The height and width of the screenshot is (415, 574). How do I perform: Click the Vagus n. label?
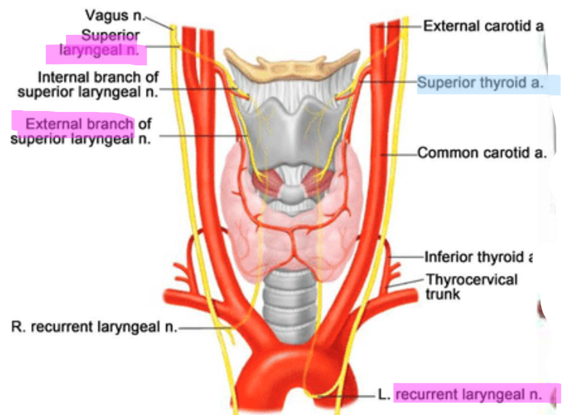[x=115, y=16]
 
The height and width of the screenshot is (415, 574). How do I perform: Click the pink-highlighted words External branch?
[x=79, y=124]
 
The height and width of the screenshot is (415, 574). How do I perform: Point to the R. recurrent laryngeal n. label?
[x=94, y=327]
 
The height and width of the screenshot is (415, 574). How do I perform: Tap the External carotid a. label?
[x=483, y=25]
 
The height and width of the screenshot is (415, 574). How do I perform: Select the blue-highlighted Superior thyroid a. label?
[x=480, y=83]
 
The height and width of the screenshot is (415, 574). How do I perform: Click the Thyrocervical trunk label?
[x=471, y=287]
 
